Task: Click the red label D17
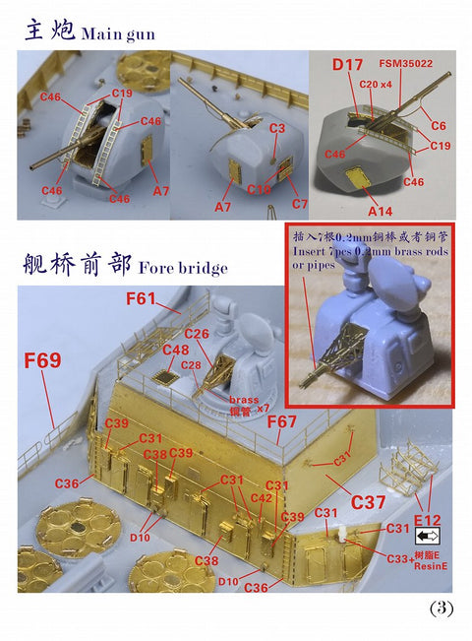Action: pos(347,66)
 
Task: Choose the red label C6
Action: pos(438,126)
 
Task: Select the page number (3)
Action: pos(442,608)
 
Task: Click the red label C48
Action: pos(175,350)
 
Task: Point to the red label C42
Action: pos(261,498)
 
